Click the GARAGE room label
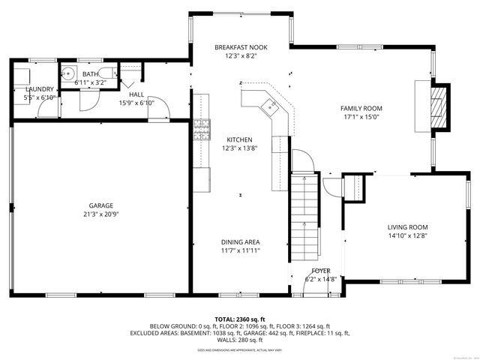coord(100,205)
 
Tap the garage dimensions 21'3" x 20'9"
coord(100,214)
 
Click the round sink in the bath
coord(68,73)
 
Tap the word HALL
coord(136,94)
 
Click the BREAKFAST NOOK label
coord(240,47)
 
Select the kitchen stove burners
coord(201,130)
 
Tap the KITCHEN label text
coord(240,139)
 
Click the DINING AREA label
coord(240,241)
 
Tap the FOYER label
coord(320,270)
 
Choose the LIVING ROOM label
coord(407,227)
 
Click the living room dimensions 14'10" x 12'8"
coord(407,236)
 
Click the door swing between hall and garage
coord(159,112)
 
